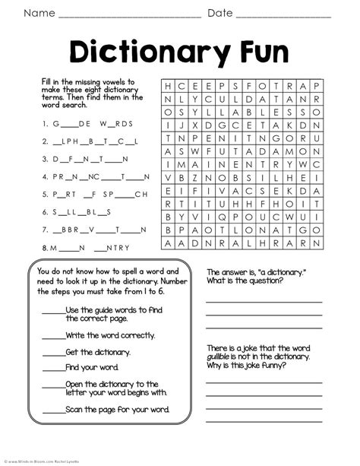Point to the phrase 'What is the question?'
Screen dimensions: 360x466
coord(245,281)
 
